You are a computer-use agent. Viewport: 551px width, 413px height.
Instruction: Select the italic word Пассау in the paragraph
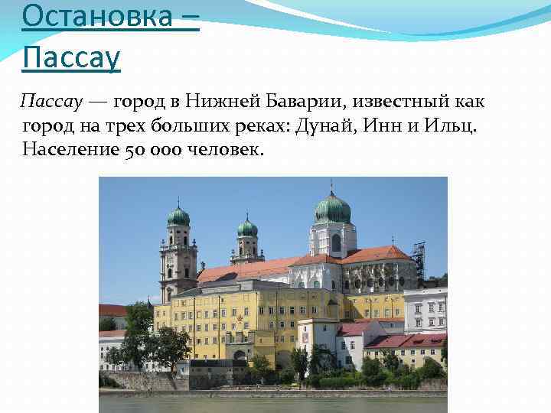(51, 102)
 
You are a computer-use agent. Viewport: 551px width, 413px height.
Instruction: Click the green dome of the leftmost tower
(178, 217)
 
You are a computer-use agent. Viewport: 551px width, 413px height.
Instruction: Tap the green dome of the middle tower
(247, 228)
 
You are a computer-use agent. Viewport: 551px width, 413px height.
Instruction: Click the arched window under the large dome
(336, 242)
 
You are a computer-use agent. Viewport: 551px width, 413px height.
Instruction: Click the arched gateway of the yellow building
(240, 356)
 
